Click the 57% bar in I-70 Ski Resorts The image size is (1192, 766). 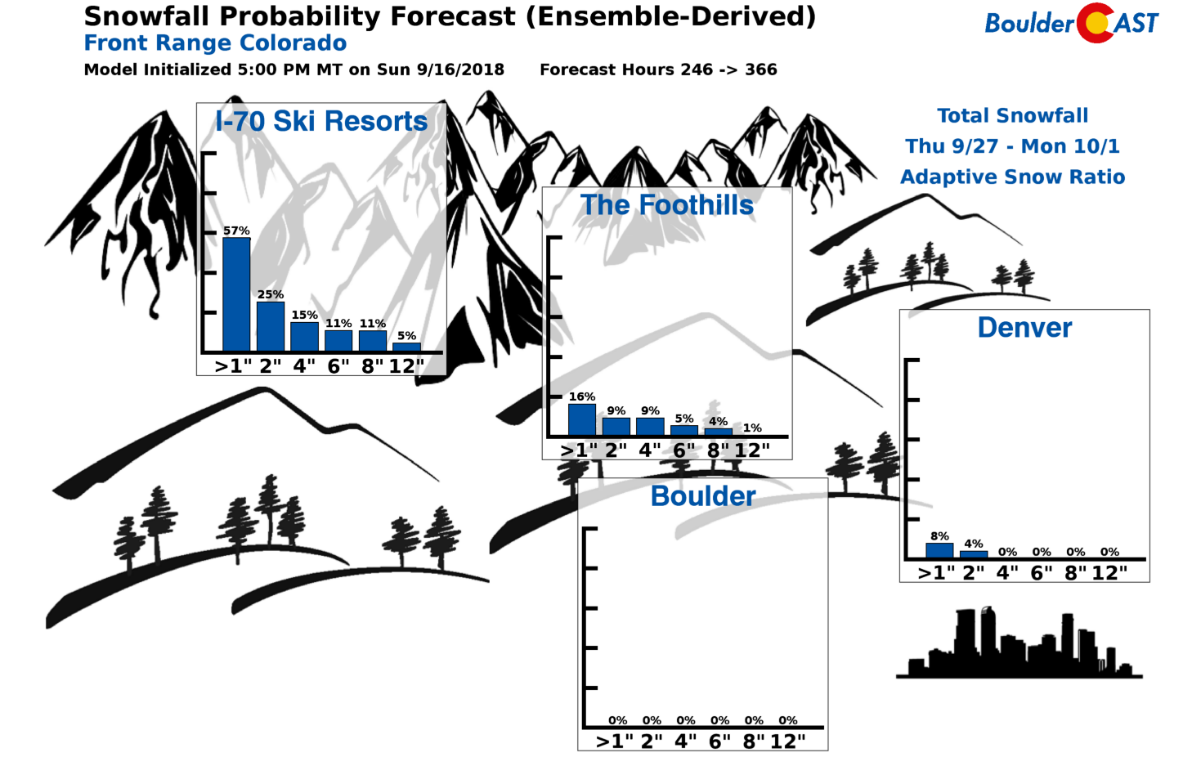point(236,294)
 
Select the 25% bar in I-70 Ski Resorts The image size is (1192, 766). point(271,326)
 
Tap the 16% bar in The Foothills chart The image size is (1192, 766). point(581,419)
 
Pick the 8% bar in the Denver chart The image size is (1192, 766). point(939,550)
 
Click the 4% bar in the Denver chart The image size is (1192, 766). point(973,554)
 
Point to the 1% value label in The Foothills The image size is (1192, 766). point(752,428)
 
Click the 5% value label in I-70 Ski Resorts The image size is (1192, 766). point(406,336)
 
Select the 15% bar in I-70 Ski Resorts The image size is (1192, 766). point(304,336)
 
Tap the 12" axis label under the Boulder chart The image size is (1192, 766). point(787,741)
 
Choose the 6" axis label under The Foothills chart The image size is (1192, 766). point(683,450)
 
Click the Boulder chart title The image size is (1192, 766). point(703,496)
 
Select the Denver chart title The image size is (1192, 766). point(1025,328)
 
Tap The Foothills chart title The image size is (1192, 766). point(667,205)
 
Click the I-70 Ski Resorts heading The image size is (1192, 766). point(321,121)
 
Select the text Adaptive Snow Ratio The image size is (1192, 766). point(1013,177)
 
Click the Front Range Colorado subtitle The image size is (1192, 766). point(216,43)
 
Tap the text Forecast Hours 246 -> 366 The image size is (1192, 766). point(658,69)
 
